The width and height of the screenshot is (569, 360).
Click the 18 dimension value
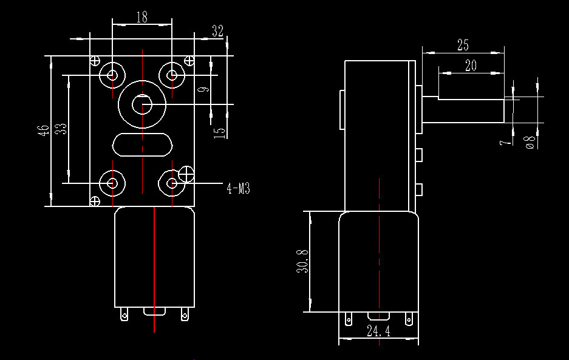142,17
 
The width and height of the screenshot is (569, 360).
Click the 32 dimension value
218,31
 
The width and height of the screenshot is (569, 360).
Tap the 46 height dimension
44,130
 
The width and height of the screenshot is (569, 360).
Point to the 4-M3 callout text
239,188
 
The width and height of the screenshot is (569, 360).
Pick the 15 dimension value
220,133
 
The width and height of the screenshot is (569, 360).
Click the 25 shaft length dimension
463,45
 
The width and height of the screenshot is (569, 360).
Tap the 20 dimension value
471,66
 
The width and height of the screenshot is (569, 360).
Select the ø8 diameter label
530,142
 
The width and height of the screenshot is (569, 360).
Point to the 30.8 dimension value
302,261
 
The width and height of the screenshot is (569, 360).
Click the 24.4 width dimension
378,331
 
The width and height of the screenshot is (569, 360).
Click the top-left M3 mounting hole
112,75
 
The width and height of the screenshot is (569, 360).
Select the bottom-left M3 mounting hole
112,183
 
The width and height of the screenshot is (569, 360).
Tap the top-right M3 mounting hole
172,75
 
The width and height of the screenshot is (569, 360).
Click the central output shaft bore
142,104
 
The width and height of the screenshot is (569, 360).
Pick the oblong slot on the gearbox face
142,145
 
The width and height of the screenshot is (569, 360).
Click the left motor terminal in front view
124,314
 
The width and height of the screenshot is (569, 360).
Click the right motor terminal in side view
409,319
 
